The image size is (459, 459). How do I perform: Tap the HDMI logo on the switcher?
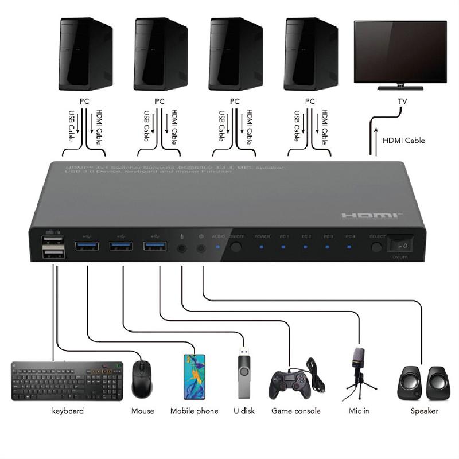point(372,215)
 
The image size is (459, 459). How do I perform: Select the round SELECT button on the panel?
point(376,248)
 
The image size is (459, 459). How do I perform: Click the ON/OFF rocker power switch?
point(399,246)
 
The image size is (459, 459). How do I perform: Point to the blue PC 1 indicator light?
point(283,248)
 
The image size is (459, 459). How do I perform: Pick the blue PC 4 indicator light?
point(349,248)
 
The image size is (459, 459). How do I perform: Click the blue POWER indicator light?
point(261,248)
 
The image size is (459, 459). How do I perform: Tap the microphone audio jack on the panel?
point(182,248)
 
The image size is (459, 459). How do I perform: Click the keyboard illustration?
point(67,379)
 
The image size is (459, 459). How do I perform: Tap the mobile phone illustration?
point(195,376)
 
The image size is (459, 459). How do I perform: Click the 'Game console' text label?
point(295,411)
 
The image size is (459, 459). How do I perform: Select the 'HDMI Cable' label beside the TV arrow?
point(404,141)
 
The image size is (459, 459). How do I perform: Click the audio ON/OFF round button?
point(236,248)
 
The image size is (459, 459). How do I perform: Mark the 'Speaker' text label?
point(424,411)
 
